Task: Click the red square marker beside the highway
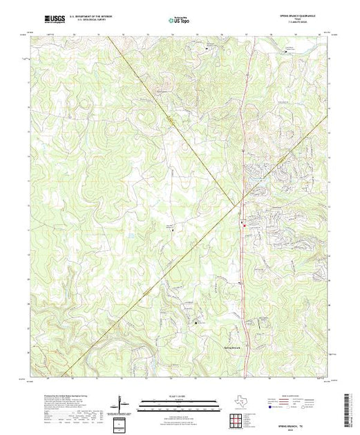243,223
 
